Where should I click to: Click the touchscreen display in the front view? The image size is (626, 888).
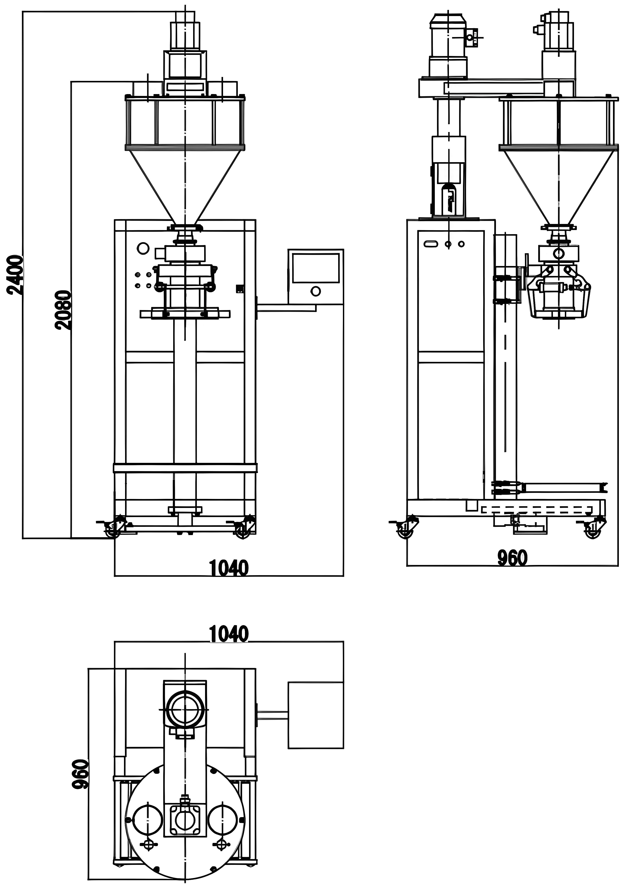click(316, 268)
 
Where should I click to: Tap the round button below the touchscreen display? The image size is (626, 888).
click(316, 291)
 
